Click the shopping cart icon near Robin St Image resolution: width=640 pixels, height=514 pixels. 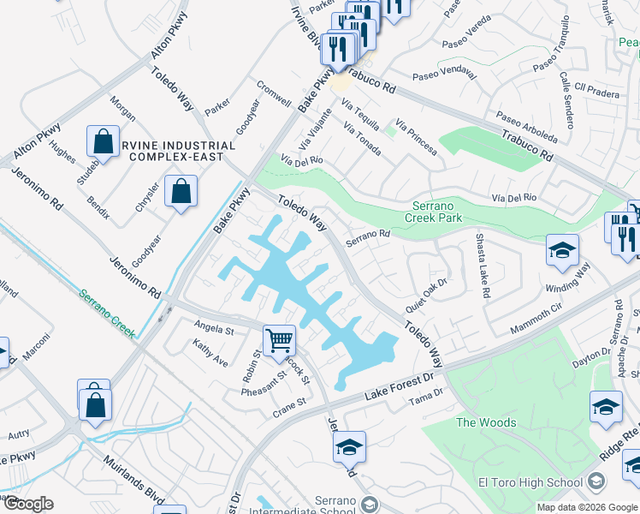tap(279, 341)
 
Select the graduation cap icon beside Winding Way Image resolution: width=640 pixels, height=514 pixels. tap(562, 250)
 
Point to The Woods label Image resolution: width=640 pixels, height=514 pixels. tap(485, 422)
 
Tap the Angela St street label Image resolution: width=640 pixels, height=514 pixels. tap(214, 330)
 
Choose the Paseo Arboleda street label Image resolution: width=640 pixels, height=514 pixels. tap(525, 128)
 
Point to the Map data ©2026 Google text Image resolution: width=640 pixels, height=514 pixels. tap(586, 507)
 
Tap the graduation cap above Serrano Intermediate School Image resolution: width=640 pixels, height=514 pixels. tap(349, 447)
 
